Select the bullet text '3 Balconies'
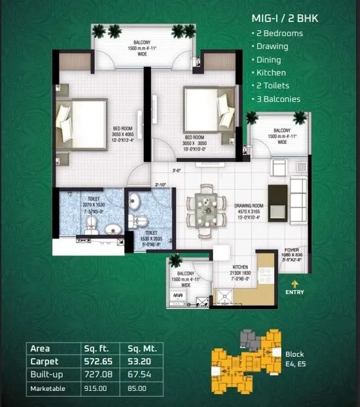(278, 99)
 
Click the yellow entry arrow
(295, 283)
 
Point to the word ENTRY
(295, 292)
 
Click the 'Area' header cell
(40, 349)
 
